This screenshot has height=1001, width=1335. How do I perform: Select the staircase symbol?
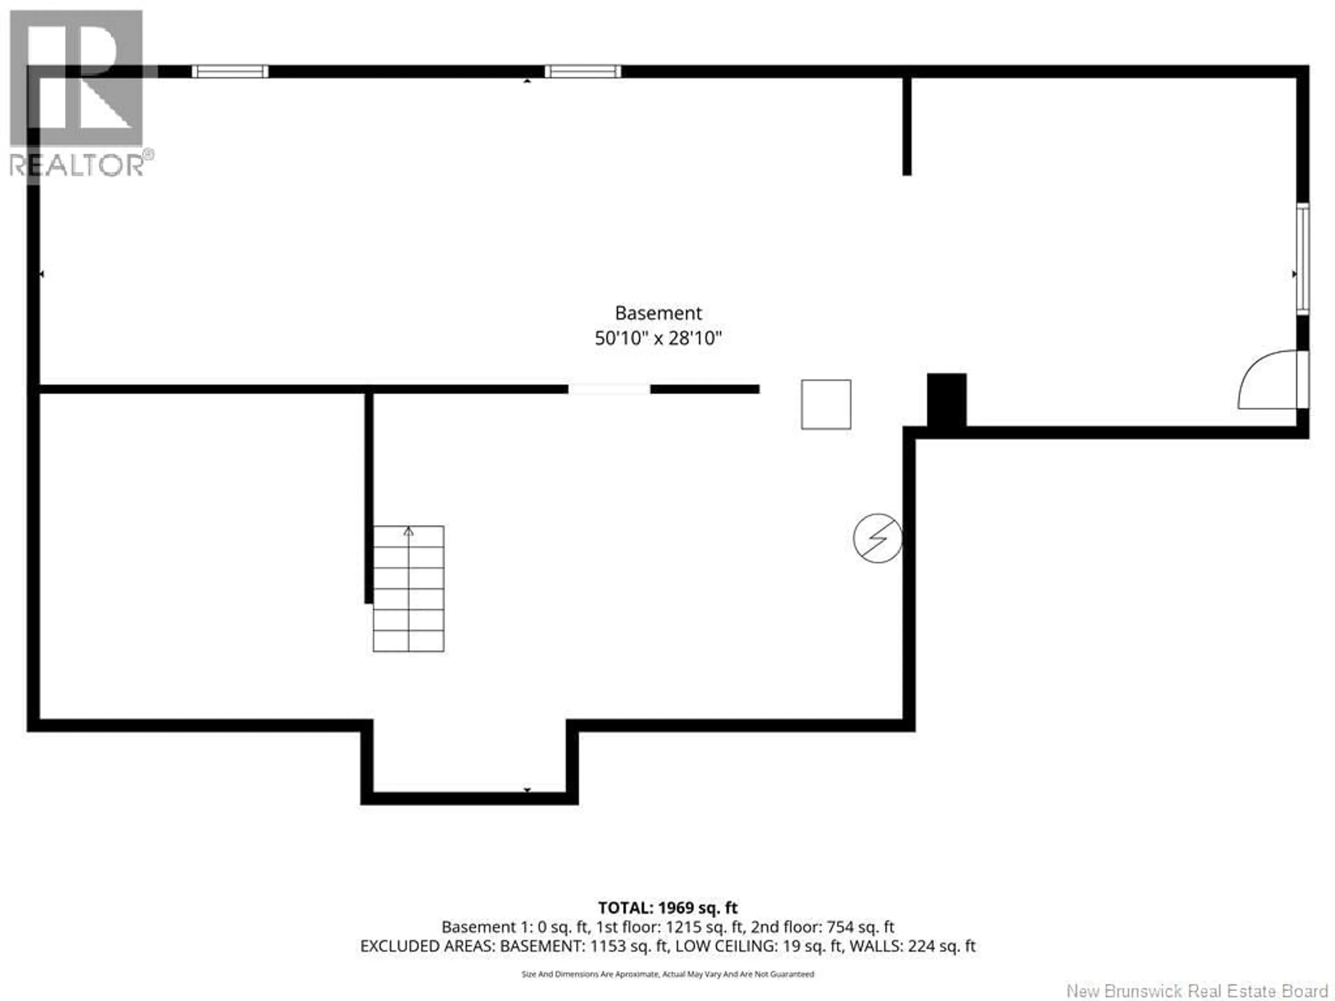click(408, 589)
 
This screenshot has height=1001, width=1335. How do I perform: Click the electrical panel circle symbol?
click(877, 538)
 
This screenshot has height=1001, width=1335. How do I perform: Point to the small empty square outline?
click(826, 404)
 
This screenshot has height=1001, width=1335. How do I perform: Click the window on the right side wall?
click(1303, 259)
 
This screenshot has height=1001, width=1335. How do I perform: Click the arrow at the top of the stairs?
click(408, 531)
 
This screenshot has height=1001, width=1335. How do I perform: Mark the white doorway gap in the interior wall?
click(609, 389)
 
